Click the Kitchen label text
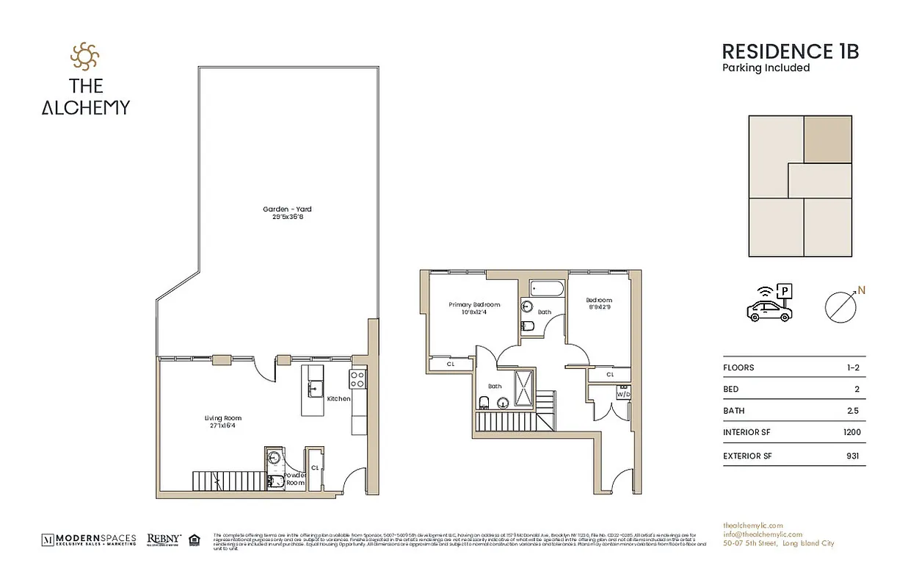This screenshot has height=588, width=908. coord(338,398)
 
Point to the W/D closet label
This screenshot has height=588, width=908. coord(623,393)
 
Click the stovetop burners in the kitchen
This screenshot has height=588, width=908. coord(357,379)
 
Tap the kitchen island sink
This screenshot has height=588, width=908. coord(316,389)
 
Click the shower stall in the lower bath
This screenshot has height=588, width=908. coord(524,388)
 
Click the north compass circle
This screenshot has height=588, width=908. coord(840,307)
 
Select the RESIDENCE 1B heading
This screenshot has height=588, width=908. coord(790,51)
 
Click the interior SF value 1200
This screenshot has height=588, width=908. coord(851,433)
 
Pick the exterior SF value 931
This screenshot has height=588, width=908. coord(852,456)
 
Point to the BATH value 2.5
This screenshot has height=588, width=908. coord(852,411)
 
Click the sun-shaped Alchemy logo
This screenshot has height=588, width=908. coord(84,56)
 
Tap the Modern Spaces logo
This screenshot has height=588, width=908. coord(89,540)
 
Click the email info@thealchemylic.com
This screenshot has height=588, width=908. coord(762,534)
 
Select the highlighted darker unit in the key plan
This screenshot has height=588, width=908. coord(828,139)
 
